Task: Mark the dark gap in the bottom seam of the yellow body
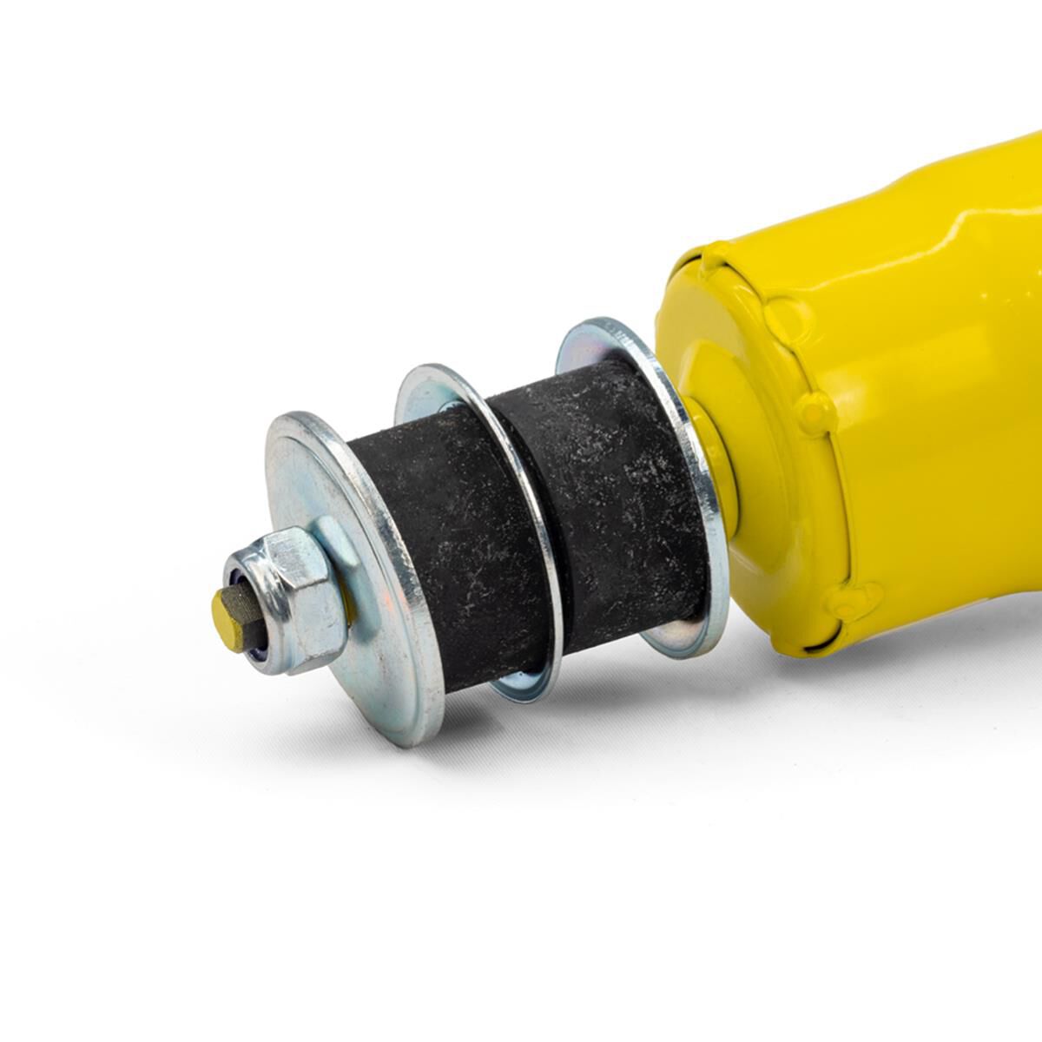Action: pyautogui.click(x=812, y=648)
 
